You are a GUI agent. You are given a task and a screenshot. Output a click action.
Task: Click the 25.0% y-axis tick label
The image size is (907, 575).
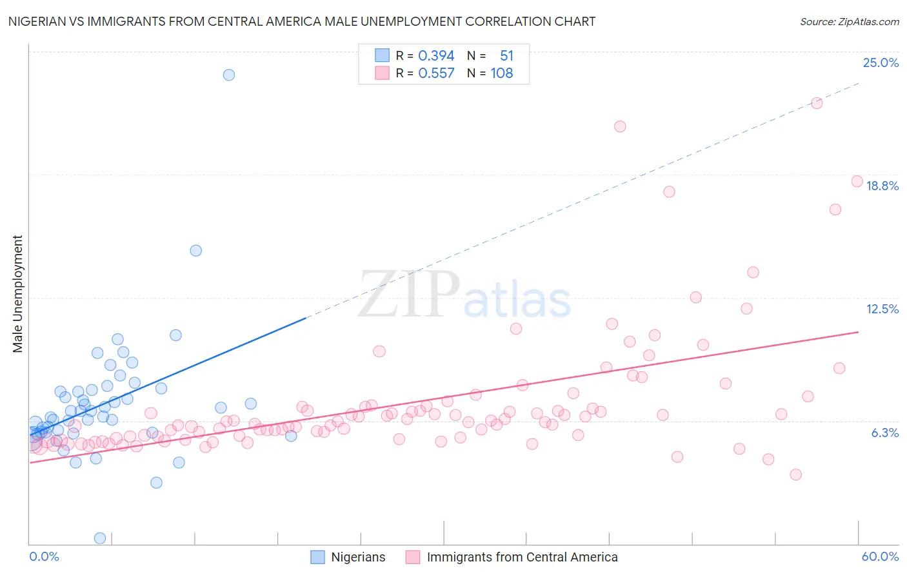[881, 63]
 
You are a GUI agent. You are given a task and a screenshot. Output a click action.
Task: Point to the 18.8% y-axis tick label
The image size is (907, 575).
[882, 186]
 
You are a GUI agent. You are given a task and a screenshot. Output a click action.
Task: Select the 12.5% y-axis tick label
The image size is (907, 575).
[882, 309]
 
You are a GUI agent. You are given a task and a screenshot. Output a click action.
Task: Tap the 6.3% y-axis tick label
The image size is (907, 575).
[884, 433]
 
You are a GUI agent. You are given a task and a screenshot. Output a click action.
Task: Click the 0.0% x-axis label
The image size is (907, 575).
[44, 556]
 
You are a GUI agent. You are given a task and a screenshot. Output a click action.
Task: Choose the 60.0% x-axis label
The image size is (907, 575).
[880, 556]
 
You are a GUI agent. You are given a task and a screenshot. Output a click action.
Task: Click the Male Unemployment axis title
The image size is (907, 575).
[17, 294]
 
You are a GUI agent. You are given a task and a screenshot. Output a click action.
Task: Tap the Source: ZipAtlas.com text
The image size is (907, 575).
[849, 21]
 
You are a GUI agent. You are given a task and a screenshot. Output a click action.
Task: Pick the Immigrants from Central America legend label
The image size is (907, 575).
[522, 557]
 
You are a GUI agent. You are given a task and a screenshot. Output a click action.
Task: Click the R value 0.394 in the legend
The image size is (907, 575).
[436, 56]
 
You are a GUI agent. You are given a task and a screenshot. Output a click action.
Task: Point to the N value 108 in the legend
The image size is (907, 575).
[501, 73]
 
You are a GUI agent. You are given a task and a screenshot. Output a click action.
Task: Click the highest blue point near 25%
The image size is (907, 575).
[228, 75]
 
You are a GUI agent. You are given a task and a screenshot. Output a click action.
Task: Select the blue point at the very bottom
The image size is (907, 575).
[100, 538]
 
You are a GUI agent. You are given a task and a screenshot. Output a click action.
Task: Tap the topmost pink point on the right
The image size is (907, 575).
[816, 103]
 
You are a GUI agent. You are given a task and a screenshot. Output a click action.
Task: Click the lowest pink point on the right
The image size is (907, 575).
[795, 474]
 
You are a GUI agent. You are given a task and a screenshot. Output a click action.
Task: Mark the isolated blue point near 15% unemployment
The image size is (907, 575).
[195, 251]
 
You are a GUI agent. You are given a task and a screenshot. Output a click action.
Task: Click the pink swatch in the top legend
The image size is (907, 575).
[382, 73]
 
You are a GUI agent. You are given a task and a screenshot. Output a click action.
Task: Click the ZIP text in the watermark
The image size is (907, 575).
[409, 294]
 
